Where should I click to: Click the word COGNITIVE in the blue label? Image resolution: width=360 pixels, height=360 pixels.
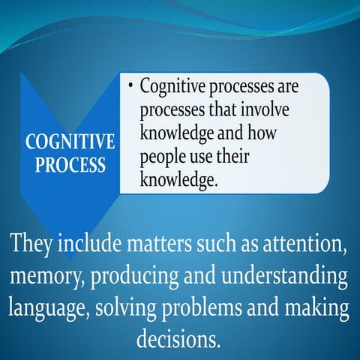click(70, 142)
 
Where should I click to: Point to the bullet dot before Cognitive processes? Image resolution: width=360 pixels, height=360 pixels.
click(130, 87)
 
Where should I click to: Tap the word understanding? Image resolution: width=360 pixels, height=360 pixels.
click(291, 277)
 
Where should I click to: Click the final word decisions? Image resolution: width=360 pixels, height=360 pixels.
click(179, 339)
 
